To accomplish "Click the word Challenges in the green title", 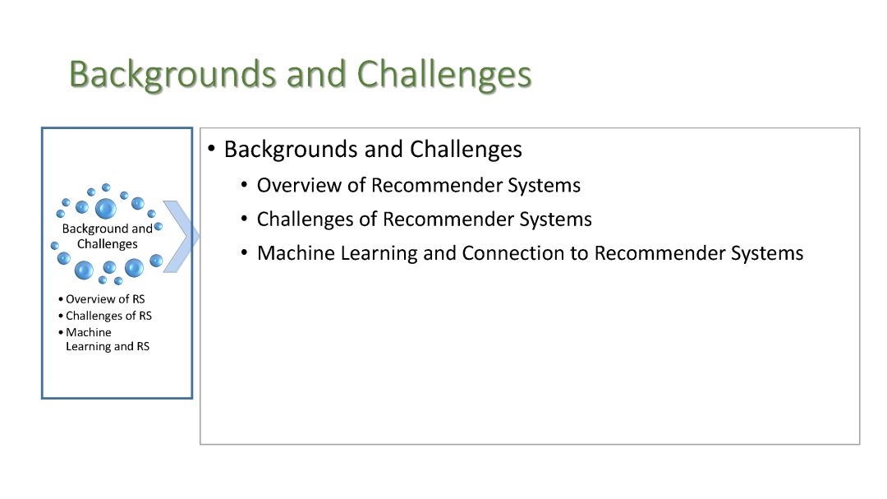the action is click(x=444, y=75).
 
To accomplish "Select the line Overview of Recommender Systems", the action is click(x=419, y=185).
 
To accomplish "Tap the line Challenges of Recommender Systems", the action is click(x=425, y=219).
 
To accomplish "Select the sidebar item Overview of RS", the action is click(x=105, y=299).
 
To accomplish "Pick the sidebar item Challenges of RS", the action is click(x=108, y=316).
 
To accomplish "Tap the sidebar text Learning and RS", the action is click(x=108, y=346).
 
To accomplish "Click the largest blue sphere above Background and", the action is click(x=106, y=209).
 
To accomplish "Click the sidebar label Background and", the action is click(x=108, y=229).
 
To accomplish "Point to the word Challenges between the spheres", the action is click(x=108, y=244).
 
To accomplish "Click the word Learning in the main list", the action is click(x=379, y=254).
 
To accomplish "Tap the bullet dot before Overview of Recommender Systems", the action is click(x=245, y=184).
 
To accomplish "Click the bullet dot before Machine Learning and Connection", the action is click(x=245, y=252).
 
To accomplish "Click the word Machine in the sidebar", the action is click(x=88, y=332).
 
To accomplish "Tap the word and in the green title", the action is click(x=317, y=75).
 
